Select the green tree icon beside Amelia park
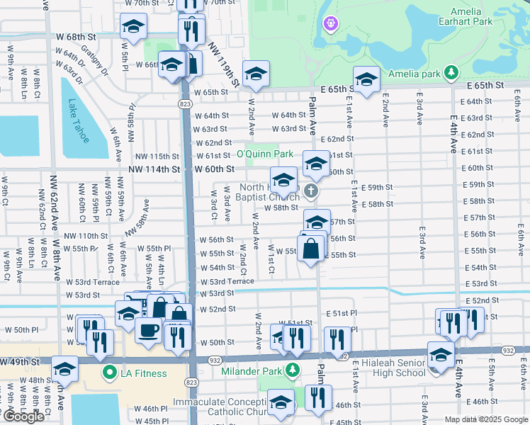[x=450, y=73]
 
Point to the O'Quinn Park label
[x=264, y=154]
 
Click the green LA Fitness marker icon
[x=109, y=373]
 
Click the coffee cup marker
[x=148, y=329]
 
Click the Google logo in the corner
[x=23, y=416]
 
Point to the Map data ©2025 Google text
[x=485, y=419]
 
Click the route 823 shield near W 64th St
[x=185, y=104]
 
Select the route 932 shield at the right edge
[x=508, y=350]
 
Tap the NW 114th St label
[x=154, y=169]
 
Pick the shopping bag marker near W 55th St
[x=310, y=249]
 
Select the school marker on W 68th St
[x=132, y=27]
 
